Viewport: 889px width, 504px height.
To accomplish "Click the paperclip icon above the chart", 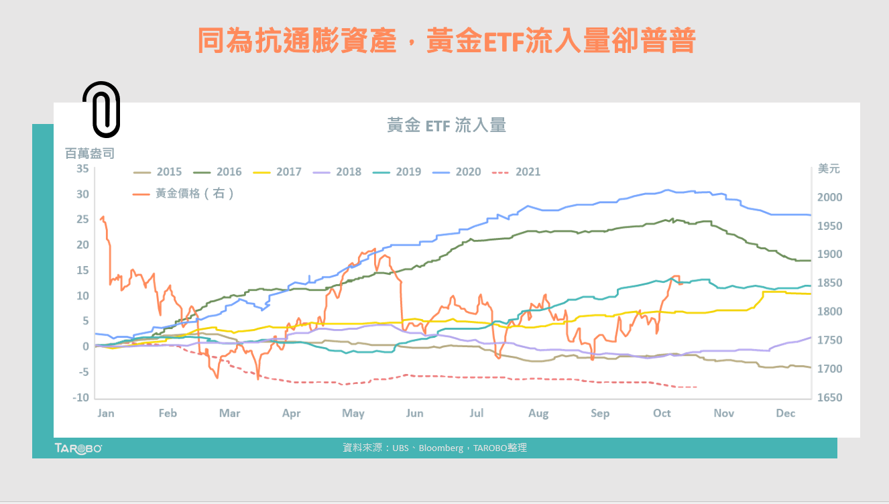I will point(101,109).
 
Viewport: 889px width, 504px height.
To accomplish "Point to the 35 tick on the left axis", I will point(82,168).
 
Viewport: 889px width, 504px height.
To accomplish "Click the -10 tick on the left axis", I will point(80,397).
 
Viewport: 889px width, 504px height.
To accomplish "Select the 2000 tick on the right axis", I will point(829,198).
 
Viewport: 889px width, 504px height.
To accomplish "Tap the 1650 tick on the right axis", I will point(829,397).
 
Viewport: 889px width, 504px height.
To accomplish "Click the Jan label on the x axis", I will point(106,413).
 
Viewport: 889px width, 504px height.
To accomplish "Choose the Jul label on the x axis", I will point(477,413).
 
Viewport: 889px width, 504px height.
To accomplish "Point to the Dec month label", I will point(786,413).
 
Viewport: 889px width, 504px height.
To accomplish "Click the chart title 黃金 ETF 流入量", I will point(446,125).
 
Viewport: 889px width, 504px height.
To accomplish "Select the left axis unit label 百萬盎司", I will point(90,153).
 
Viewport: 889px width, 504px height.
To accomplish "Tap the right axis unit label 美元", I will point(829,168).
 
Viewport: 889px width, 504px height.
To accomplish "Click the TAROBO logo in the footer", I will point(78,448).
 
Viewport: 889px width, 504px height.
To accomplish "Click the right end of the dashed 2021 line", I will point(697,387).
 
